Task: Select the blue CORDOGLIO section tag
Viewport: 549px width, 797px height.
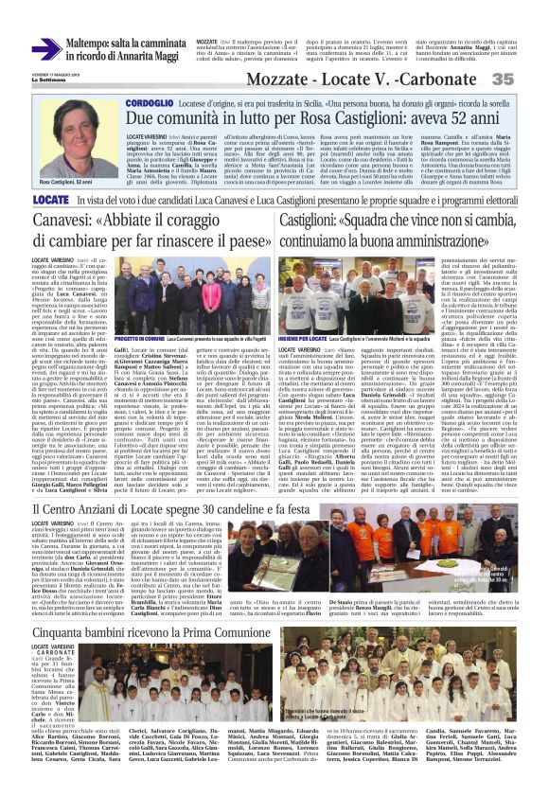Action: (x=150, y=101)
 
